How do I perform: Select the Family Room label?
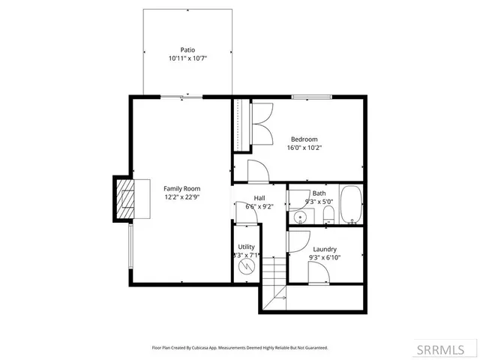click(181, 188)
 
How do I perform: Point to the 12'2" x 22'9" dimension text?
click(181, 196)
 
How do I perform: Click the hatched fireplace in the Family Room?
click(124, 199)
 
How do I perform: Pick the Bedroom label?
click(304, 139)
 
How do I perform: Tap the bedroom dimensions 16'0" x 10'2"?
click(304, 148)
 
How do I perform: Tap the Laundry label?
click(324, 249)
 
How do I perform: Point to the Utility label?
click(246, 247)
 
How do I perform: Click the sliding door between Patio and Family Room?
click(182, 96)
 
